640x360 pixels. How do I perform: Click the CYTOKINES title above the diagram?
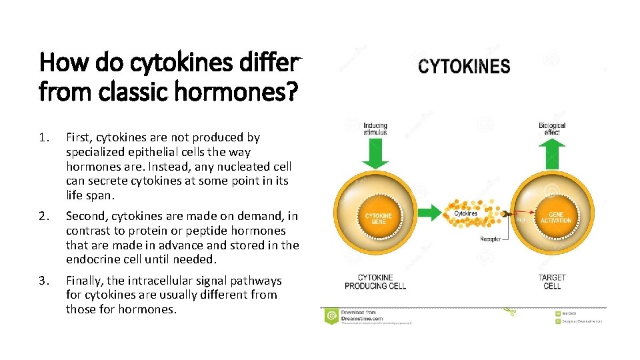(465, 67)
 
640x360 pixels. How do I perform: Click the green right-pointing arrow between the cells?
(432, 212)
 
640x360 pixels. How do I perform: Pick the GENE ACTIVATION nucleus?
(555, 217)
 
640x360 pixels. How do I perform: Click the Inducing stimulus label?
(375, 129)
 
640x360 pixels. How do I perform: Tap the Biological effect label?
(552, 129)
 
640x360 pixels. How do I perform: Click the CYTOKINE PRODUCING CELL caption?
(375, 281)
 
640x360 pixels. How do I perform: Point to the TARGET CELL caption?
(552, 281)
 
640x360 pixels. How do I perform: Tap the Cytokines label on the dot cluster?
(466, 213)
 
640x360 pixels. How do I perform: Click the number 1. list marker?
(44, 137)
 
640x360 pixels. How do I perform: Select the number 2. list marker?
(44, 216)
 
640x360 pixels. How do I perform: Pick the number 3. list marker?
(44, 281)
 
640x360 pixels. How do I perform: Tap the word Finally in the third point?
(83, 281)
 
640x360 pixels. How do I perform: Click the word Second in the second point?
(85, 216)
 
